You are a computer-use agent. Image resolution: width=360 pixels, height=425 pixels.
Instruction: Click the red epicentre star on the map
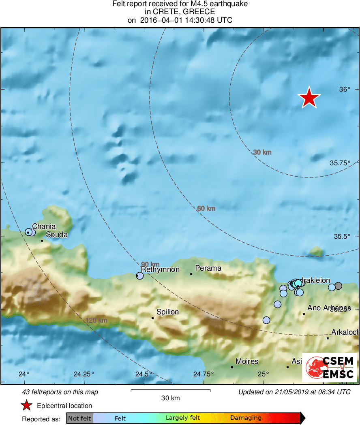(x=309, y=98)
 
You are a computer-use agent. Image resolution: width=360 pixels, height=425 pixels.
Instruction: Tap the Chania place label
(x=44, y=226)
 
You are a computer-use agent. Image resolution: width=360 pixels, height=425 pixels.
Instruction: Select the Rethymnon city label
(x=160, y=269)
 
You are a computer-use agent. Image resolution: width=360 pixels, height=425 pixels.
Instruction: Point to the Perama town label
(x=208, y=268)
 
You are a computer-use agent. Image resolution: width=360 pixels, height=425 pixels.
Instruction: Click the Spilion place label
(x=167, y=312)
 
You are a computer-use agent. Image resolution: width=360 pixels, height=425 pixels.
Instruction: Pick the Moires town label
(x=247, y=361)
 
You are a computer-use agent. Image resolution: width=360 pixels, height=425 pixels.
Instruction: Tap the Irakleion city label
(x=316, y=280)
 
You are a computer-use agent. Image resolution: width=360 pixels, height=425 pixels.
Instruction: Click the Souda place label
(x=56, y=235)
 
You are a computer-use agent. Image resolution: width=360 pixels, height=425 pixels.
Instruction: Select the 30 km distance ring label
(x=262, y=152)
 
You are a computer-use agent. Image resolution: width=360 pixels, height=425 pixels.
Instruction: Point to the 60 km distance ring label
(x=206, y=209)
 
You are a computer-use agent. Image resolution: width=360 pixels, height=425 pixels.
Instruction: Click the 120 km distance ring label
(x=96, y=321)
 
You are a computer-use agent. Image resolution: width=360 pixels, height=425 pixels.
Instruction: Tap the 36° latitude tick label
(x=345, y=90)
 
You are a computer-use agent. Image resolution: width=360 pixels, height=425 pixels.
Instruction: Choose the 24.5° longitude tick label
(x=144, y=374)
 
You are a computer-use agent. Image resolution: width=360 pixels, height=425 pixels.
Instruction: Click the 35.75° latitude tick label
(x=340, y=163)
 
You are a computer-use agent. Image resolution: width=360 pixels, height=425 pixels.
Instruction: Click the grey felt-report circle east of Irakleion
(x=339, y=286)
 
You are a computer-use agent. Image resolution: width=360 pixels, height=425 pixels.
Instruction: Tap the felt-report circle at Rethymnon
(x=140, y=276)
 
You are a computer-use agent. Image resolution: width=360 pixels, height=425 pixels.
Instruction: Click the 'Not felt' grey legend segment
(x=79, y=418)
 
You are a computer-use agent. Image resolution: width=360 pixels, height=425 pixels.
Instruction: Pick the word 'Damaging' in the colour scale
(x=246, y=418)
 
